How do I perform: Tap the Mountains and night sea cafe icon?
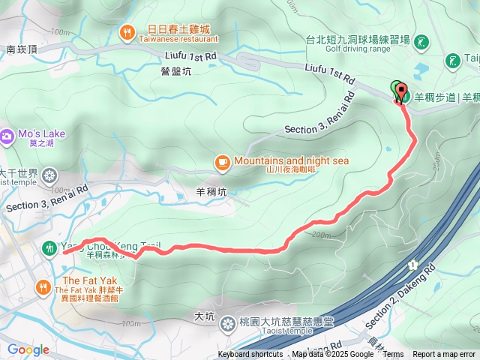click(222, 161)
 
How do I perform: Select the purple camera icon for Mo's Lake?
click(7, 136)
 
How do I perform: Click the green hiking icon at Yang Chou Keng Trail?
click(49, 247)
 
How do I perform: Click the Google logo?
click(28, 349)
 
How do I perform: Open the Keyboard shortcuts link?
click(250, 355)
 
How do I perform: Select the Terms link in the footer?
click(393, 355)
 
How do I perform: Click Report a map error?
click(444, 355)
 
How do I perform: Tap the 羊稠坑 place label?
click(211, 191)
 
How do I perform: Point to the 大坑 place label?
click(204, 316)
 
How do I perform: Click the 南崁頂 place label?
click(21, 49)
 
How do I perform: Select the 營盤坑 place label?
click(176, 70)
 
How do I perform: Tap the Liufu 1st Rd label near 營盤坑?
click(189, 55)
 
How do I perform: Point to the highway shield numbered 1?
click(412, 265)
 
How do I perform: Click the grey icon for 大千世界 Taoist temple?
click(49, 176)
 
